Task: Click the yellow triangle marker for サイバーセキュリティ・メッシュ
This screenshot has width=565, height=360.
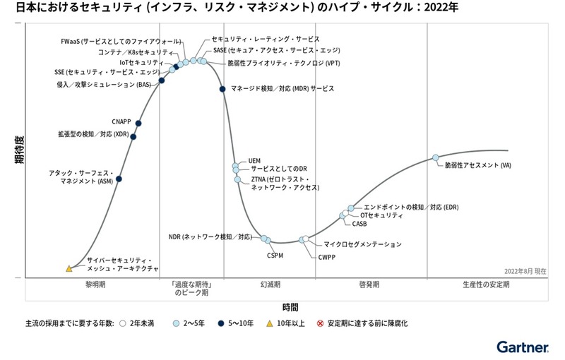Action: pos(69,268)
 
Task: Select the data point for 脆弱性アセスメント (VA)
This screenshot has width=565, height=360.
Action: pos(436,157)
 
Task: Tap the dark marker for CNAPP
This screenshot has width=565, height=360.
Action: pos(138,124)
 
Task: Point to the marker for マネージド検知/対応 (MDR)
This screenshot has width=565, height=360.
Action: pos(222,89)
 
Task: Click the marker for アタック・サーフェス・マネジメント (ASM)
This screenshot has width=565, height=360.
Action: pos(119,179)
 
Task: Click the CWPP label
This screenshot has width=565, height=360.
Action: pos(326,258)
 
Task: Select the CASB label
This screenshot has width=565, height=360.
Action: pos(359,224)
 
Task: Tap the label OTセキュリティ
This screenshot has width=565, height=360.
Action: pos(381,215)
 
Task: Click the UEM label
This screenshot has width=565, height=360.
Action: pos(256,161)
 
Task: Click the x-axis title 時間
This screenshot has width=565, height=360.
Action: pos(290,307)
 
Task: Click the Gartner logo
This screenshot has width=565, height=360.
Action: pos(522,347)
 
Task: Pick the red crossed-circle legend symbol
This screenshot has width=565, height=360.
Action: pos(320,323)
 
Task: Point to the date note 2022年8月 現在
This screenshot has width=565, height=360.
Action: pos(525,271)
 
